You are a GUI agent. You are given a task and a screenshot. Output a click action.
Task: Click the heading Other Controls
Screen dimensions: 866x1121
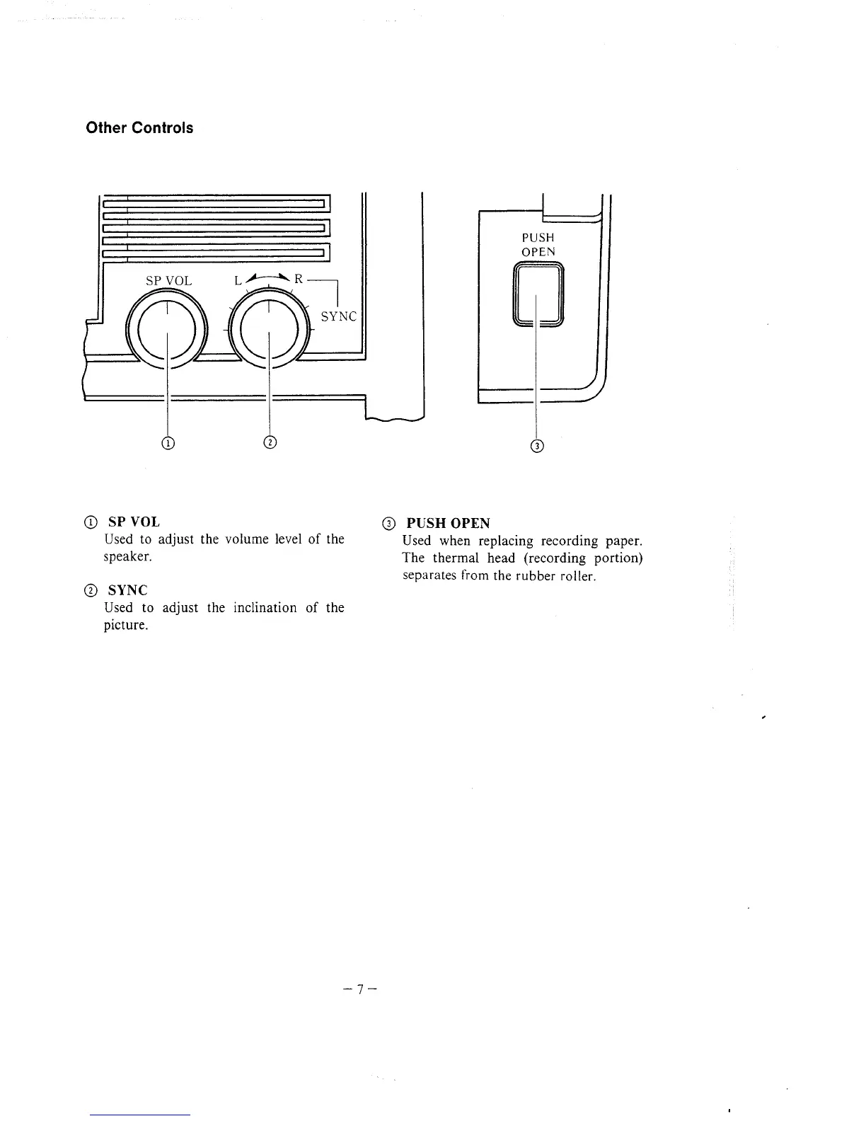point(139,128)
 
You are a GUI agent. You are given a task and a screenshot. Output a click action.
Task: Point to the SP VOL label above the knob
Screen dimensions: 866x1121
point(168,281)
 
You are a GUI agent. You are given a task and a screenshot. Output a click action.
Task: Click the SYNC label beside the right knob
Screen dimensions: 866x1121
point(339,316)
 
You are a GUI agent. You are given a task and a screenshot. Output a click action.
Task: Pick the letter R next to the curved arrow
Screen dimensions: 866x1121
point(299,279)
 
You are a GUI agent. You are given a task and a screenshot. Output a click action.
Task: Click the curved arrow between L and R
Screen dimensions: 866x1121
point(268,278)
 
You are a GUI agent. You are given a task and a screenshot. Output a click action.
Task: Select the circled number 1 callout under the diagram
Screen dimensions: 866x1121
point(168,443)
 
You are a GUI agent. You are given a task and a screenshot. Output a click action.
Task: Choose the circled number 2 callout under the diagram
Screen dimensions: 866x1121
point(269,443)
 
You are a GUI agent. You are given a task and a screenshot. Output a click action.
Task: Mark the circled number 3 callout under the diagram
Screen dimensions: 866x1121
point(538,446)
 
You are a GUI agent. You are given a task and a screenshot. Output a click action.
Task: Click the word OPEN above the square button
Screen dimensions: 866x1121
point(538,252)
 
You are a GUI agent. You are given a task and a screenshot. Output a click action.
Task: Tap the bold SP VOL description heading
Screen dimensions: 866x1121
point(134,522)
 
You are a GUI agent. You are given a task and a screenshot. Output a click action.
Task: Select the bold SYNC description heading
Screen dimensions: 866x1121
point(127,590)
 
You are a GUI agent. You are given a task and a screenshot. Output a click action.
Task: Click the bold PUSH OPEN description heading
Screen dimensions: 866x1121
point(448,524)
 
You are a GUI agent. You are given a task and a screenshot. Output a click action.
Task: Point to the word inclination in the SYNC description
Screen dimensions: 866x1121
point(265,608)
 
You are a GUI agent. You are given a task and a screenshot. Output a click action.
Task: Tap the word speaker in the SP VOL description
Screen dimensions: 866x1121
point(127,556)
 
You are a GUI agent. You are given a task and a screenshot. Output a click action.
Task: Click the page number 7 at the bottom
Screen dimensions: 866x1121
point(360,989)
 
